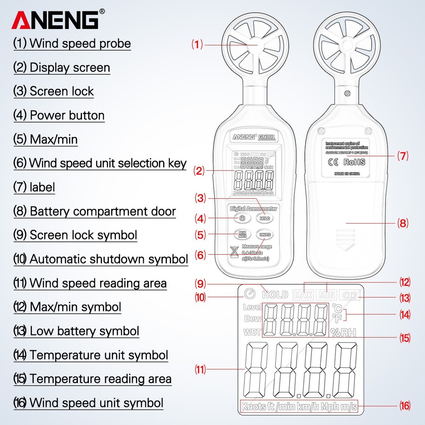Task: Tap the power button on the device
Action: [241, 218]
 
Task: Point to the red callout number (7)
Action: [402, 156]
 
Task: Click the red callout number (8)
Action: [402, 222]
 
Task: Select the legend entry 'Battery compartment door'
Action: [102, 211]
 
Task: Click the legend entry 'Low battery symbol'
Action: [84, 331]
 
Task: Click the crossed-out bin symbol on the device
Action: [233, 252]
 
